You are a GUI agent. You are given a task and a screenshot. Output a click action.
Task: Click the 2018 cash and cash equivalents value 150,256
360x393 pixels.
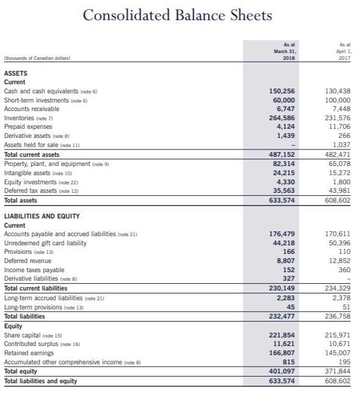283,91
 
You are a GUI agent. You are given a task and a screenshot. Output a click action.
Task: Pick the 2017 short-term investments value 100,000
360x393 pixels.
338,100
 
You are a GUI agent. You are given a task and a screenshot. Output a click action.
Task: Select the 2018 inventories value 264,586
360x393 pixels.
283,118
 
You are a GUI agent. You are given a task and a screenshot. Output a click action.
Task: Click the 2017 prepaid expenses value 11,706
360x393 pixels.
340,127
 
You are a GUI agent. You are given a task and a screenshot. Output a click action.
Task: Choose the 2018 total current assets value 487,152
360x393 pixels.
283,155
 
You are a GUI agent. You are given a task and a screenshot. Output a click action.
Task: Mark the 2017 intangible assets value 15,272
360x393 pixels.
340,173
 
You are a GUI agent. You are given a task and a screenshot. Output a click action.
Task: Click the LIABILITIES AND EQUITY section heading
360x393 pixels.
42,216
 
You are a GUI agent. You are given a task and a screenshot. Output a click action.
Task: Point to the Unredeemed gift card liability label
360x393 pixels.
45,243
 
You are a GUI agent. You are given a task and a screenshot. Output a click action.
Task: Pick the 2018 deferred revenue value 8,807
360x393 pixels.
285,261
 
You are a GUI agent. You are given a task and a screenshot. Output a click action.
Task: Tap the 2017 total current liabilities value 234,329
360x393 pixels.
338,288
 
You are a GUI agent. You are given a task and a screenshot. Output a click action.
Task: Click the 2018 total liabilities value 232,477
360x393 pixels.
283,316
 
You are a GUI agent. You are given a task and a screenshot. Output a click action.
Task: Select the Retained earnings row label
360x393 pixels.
30,353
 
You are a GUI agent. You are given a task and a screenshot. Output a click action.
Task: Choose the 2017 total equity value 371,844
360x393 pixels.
338,371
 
